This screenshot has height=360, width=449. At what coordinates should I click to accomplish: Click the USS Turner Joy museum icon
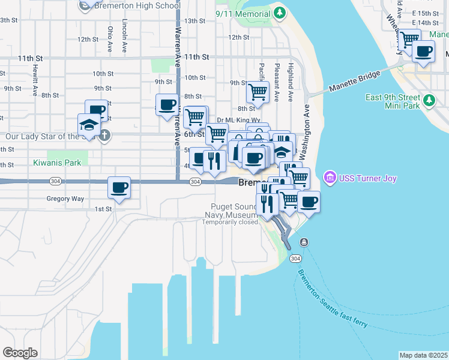tap(329, 178)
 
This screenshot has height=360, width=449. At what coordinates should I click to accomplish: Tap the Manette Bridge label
tap(355, 82)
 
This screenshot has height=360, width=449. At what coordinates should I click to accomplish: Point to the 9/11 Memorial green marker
tap(279, 11)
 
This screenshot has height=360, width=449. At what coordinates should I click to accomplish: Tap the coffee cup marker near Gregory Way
tap(119, 188)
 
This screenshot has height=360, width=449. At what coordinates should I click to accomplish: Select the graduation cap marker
tap(89, 125)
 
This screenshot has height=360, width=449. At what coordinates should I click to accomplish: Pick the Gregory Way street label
tap(65, 199)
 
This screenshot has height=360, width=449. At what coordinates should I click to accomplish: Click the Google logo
tap(20, 353)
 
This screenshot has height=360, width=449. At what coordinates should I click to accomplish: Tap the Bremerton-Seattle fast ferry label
tap(333, 299)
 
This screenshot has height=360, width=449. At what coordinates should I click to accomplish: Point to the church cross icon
tap(105, 135)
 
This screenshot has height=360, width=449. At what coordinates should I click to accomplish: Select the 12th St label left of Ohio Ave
tap(88, 40)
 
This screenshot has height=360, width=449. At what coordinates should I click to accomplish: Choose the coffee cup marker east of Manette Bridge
tap(423, 52)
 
